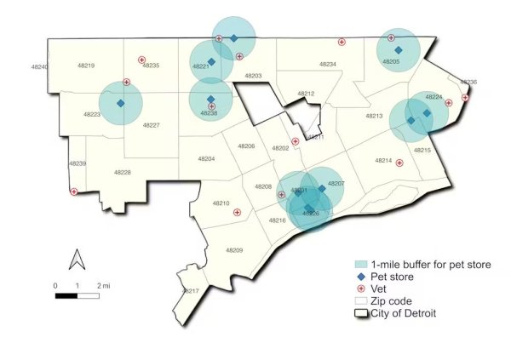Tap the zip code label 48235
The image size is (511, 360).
tap(151, 66)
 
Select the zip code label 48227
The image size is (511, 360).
tap(151, 125)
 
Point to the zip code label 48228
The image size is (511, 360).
tap(123, 173)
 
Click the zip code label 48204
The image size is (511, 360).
tap(207, 158)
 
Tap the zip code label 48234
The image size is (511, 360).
tap(328, 65)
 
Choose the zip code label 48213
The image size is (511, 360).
tap(374, 116)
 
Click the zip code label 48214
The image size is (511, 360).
tap(383, 161)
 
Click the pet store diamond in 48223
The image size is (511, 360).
tap(120, 104)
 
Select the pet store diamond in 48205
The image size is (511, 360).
tap(398, 50)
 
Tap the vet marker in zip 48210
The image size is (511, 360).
tap(238, 212)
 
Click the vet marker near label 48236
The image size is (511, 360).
tap(465, 99)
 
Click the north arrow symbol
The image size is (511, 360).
tap(75, 258)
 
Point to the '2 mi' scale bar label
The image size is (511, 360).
tap(105, 286)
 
